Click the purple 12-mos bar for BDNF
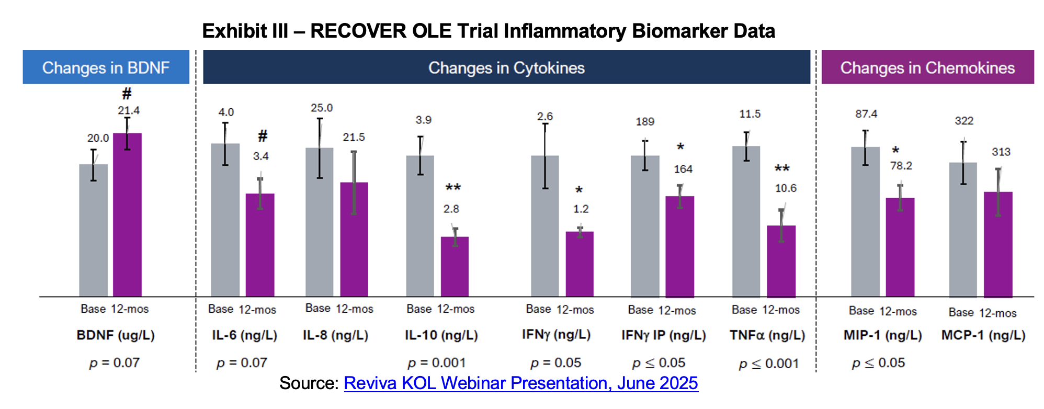click(x=127, y=214)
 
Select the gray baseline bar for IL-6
click(x=225, y=220)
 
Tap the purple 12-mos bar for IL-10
click(x=455, y=267)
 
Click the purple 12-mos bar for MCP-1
click(x=998, y=244)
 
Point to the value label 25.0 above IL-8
click(x=321, y=108)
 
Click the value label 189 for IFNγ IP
click(x=645, y=122)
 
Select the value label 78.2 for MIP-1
click(x=901, y=166)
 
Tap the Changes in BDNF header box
click(x=106, y=67)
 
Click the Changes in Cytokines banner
click(x=506, y=67)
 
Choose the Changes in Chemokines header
click(x=927, y=67)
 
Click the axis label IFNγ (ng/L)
click(x=556, y=335)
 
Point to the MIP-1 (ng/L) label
click(x=882, y=335)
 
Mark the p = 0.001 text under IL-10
click(x=436, y=362)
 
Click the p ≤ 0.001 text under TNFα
click(x=769, y=363)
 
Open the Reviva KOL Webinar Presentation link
click(x=520, y=383)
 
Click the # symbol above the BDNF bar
click(x=127, y=94)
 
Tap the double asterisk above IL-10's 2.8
click(x=453, y=187)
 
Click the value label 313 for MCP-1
click(x=1001, y=152)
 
